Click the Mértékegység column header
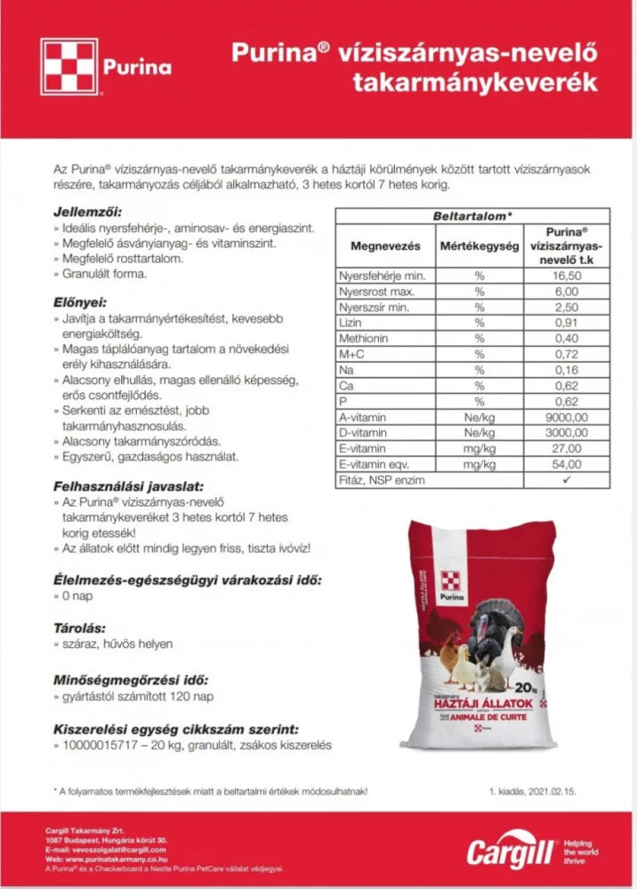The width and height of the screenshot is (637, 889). click(x=479, y=244)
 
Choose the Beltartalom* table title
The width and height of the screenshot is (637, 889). click(x=472, y=216)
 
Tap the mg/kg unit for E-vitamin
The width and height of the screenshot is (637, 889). click(x=479, y=448)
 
